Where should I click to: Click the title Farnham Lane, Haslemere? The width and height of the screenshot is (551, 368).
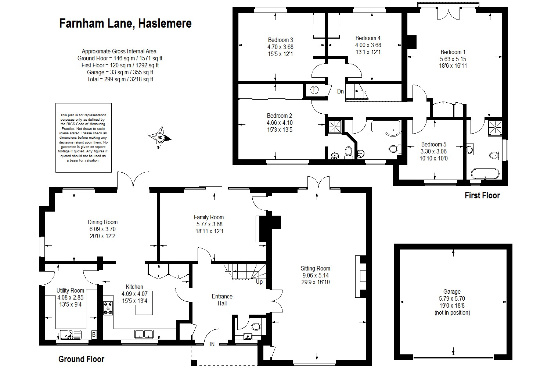click(x=125, y=24)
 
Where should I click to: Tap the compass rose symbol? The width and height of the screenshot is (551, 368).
click(x=160, y=138)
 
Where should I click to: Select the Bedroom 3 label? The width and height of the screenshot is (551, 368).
click(x=280, y=40)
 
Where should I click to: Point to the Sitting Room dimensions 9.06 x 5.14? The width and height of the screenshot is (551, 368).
click(x=316, y=275)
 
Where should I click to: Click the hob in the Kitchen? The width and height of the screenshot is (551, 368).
click(x=108, y=308)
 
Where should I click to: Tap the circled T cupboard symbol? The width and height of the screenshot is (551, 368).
click(x=314, y=90)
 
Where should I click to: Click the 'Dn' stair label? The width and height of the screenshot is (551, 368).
click(x=341, y=91)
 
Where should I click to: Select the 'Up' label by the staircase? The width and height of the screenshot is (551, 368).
click(x=259, y=282)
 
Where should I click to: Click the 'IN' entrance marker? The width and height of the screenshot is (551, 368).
click(x=212, y=344)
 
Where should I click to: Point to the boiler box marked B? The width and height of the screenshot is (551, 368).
click(x=94, y=335)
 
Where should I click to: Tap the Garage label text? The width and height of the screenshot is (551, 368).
click(x=451, y=292)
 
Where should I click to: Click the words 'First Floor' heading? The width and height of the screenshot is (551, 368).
click(x=482, y=195)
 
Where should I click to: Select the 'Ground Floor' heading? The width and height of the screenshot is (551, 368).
click(x=81, y=359)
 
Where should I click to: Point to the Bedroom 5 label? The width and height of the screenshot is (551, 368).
click(x=433, y=144)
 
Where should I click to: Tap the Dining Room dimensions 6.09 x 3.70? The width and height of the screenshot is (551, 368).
click(x=102, y=229)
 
